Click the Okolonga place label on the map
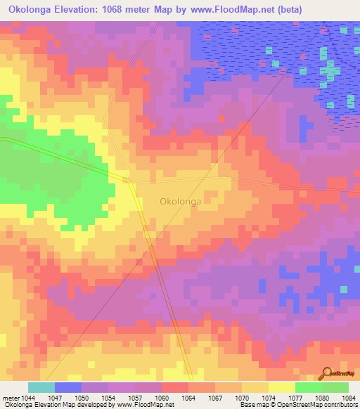(x=181, y=201)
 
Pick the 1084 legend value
(x=348, y=398)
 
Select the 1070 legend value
(x=243, y=398)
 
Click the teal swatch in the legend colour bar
(x=41, y=387)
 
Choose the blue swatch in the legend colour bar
(x=68, y=387)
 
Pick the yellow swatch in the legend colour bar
(x=282, y=387)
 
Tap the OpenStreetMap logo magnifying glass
(x=328, y=374)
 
